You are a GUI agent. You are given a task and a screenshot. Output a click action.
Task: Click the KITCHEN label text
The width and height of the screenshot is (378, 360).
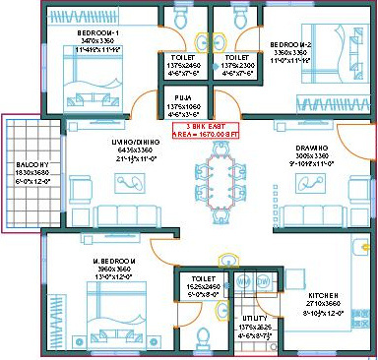[x=323, y=295]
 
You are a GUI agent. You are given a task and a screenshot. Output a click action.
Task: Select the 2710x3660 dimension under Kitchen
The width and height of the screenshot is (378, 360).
[x=322, y=304]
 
